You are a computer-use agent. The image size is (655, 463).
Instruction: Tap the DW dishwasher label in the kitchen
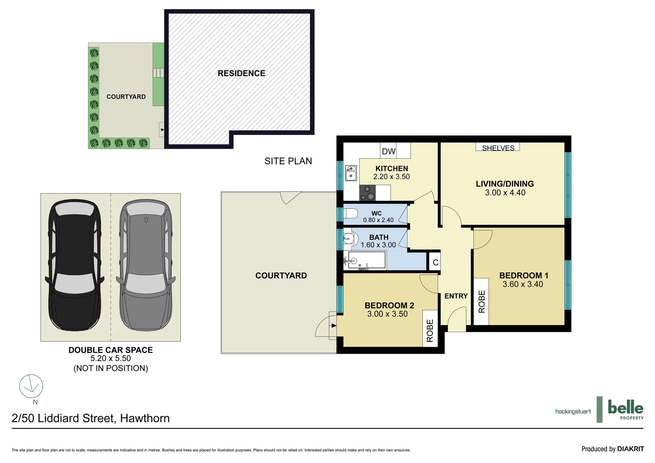pyautogui.click(x=388, y=151)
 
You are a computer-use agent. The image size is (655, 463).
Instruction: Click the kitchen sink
pyautogui.click(x=351, y=173)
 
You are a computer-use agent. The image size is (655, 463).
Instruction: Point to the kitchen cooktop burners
pyautogui.click(x=367, y=192)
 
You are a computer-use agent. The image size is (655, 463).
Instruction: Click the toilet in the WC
pyautogui.click(x=351, y=213)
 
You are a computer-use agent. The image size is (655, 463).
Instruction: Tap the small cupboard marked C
pyautogui.click(x=435, y=262)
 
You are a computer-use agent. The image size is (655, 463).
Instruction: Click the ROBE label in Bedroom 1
pyautogui.click(x=481, y=301)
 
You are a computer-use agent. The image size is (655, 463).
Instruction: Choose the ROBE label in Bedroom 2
pyautogui.click(x=430, y=331)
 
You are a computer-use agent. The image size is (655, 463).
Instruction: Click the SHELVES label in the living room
pyautogui.click(x=498, y=148)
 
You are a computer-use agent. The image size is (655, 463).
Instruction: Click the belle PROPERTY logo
pyautogui.click(x=625, y=409)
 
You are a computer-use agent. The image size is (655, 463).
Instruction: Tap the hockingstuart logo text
pyautogui.click(x=573, y=412)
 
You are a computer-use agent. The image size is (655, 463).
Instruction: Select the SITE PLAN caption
pyautogui.click(x=288, y=161)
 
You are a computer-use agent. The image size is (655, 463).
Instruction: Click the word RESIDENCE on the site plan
pyautogui.click(x=241, y=73)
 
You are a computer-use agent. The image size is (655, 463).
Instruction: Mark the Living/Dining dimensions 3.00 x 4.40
pyautogui.click(x=505, y=193)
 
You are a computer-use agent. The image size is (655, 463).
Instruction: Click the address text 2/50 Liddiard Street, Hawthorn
pyautogui.click(x=91, y=418)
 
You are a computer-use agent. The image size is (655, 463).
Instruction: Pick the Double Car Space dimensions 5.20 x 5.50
pyautogui.click(x=111, y=358)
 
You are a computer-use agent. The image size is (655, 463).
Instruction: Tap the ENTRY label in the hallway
pyautogui.click(x=456, y=296)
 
